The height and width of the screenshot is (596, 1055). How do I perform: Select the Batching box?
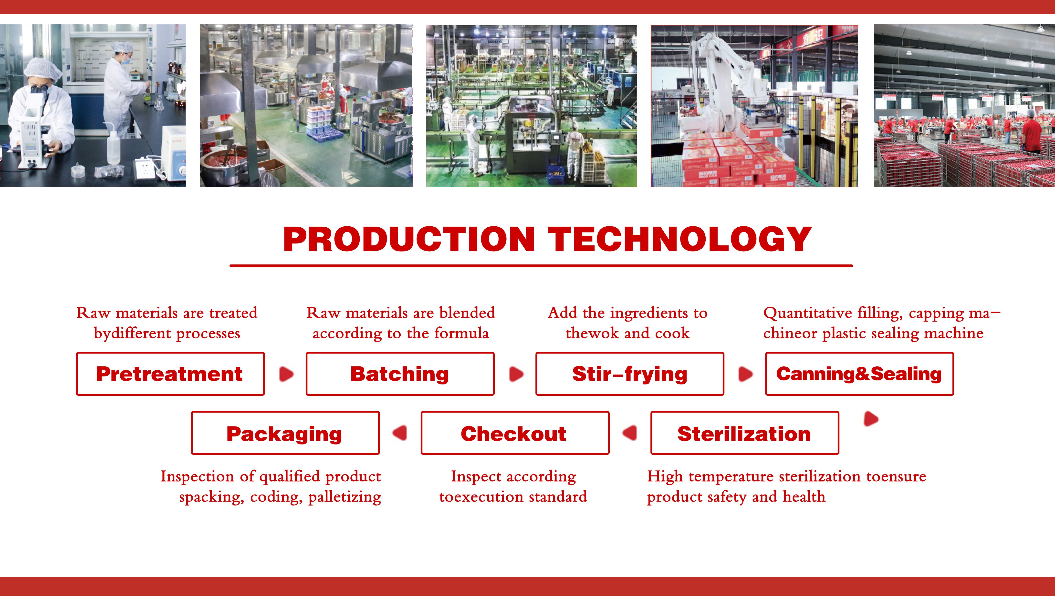coord(400,374)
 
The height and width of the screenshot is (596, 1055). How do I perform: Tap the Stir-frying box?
coord(629,374)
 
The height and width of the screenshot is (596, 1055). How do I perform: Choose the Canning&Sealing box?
coord(859,374)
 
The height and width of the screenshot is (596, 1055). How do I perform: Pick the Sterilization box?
coord(744,433)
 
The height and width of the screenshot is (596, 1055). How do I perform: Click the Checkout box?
coord(514,433)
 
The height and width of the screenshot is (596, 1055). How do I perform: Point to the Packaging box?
coord(285,433)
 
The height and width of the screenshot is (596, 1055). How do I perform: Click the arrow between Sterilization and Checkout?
coord(630,433)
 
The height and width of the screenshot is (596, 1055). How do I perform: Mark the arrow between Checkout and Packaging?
coord(400,433)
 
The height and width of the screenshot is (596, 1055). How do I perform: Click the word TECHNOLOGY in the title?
coord(680,240)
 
